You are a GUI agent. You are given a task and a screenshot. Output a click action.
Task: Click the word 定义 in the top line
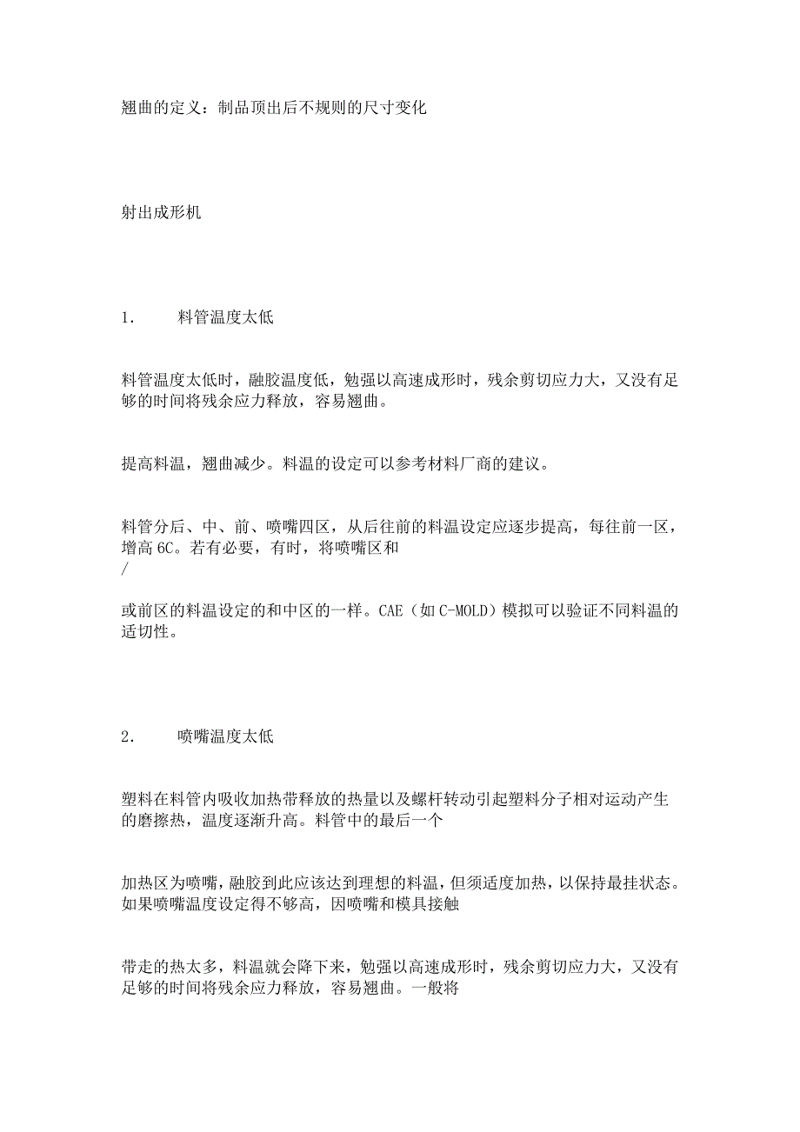(189, 109)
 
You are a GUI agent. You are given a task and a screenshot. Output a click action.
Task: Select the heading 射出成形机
(161, 212)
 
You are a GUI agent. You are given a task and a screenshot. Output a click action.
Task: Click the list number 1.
(127, 318)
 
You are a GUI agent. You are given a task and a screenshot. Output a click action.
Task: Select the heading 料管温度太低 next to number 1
(225, 318)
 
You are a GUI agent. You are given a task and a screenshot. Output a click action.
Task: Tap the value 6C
(170, 549)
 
